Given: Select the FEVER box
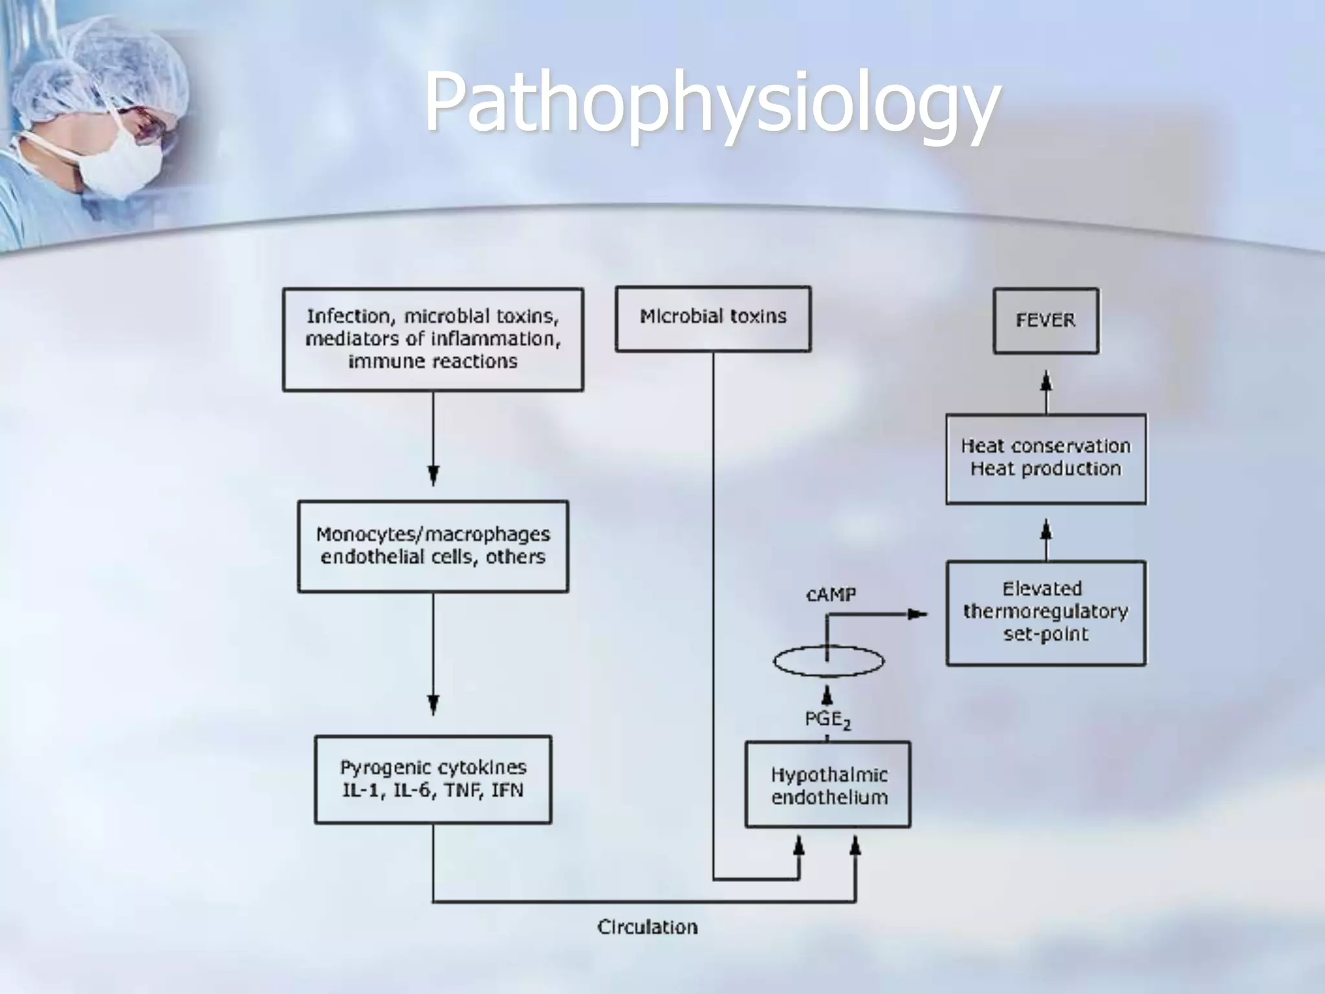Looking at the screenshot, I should point(1046,320).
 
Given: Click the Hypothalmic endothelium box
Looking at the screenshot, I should point(828,785).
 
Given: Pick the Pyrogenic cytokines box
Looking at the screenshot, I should point(433,779).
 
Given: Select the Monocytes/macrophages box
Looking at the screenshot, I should point(433,546).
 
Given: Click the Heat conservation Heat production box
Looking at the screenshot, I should point(1046,458).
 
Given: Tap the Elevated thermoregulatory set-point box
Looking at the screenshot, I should point(1046,612).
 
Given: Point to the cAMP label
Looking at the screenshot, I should point(831,594).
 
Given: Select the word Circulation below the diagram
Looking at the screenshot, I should point(647,927).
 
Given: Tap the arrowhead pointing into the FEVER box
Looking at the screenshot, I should point(1046,380).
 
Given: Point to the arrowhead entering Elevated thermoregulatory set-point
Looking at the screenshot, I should point(917,613).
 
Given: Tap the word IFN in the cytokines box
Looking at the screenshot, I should point(507,790).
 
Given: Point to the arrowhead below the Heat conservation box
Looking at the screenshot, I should point(1046,532).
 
